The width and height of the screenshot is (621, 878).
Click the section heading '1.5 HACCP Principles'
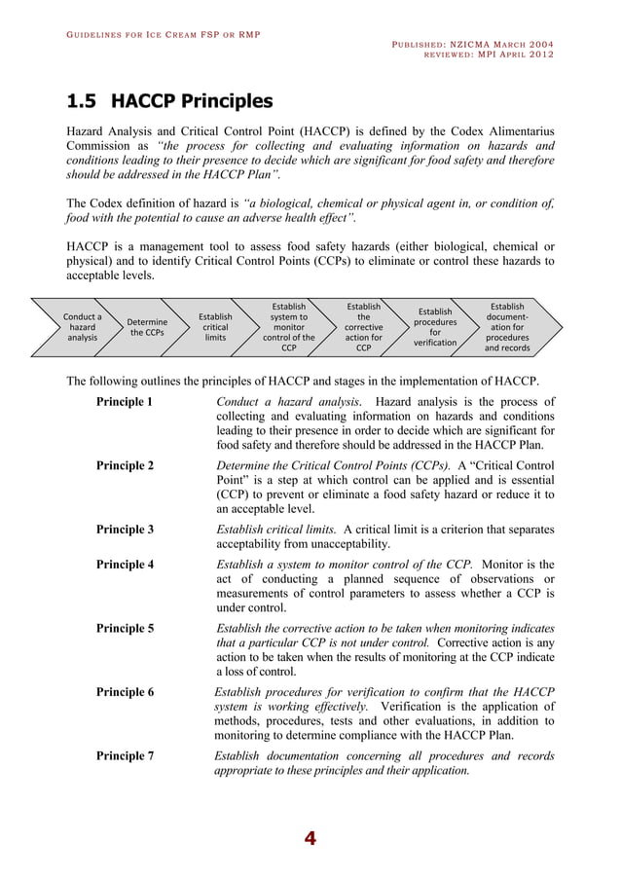click(x=168, y=101)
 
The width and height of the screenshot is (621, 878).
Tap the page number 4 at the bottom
click(x=310, y=839)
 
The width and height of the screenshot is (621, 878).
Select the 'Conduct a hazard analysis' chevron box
click(x=83, y=327)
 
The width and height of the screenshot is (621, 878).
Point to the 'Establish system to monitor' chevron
click(x=289, y=327)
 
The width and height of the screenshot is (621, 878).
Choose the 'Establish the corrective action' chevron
click(x=363, y=327)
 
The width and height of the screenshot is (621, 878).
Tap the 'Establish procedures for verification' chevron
click(x=435, y=327)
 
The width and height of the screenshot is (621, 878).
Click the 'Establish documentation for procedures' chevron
click(x=507, y=327)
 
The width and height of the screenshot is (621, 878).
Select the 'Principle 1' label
click(x=125, y=402)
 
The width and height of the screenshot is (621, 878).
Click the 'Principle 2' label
click(x=125, y=465)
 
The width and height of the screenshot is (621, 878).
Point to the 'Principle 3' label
click(x=125, y=530)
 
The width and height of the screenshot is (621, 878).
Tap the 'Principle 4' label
click(x=125, y=564)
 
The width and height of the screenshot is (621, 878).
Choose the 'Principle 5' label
click(x=125, y=628)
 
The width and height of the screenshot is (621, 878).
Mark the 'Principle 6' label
click(x=125, y=692)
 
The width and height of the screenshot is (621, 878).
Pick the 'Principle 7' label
click(x=125, y=755)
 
